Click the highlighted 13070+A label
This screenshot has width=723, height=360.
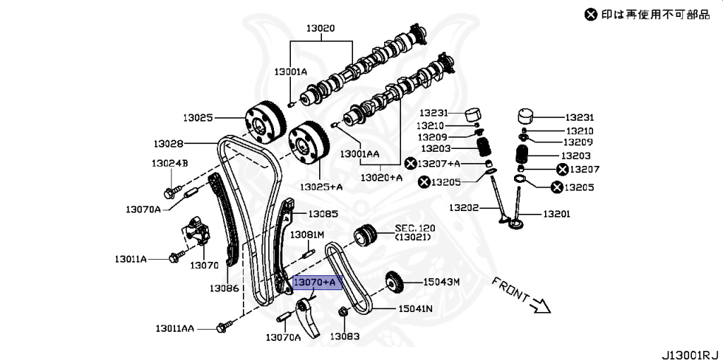point(317,282)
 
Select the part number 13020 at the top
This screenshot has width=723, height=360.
point(320,29)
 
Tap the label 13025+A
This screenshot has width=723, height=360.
point(321,187)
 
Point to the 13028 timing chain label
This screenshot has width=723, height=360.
point(168,143)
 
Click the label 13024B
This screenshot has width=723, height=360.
point(169,164)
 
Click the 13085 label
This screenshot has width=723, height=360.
point(322,213)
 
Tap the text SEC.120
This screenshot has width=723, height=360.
point(415,228)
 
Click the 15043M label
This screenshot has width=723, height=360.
point(441,282)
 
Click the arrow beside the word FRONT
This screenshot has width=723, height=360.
point(542,305)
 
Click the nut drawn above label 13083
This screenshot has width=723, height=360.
point(342,312)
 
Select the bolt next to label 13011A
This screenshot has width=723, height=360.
point(174,258)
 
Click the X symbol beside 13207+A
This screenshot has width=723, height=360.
point(411,164)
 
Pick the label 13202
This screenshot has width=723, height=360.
point(465,208)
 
